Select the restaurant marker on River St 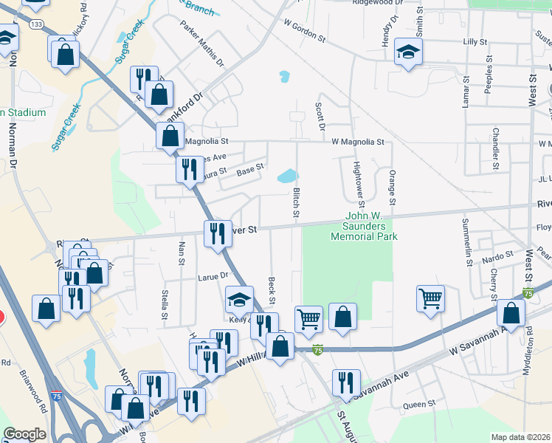pos(215,234)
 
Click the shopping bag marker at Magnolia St pos(170,137)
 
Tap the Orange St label pos(393,188)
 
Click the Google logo pos(24,434)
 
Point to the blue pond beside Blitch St pos(286,176)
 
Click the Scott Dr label pos(320,117)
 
